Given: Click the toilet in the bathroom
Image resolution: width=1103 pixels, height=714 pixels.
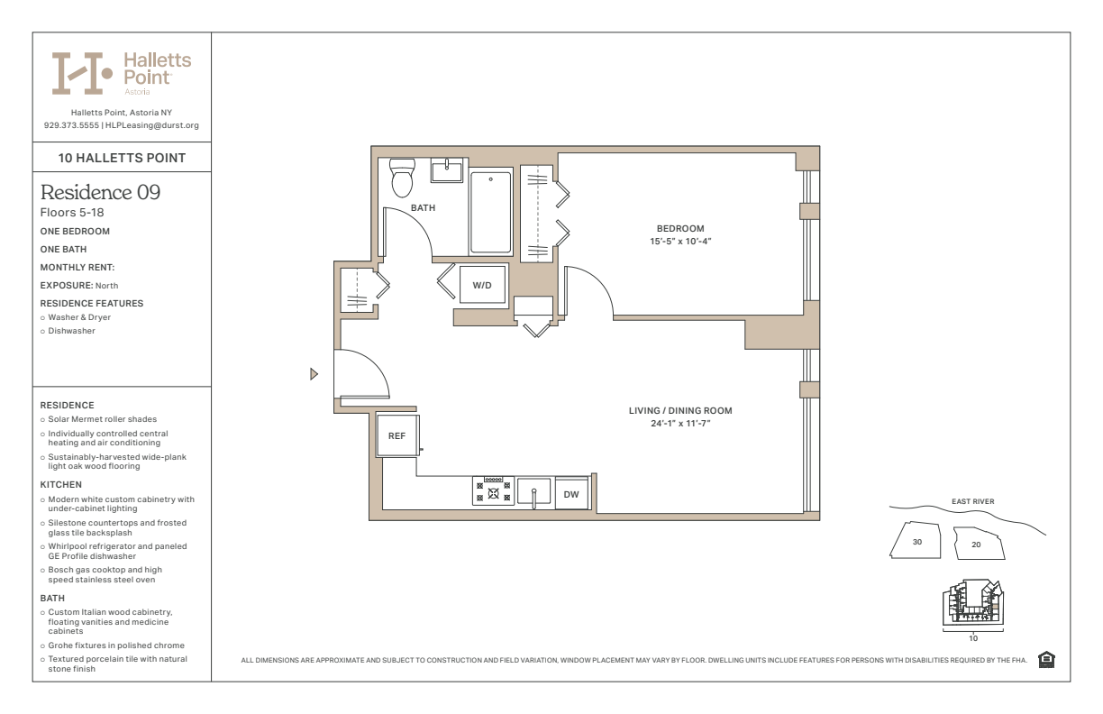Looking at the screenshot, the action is [x=402, y=178].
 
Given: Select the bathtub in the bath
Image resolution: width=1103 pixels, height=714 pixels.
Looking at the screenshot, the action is [x=490, y=211].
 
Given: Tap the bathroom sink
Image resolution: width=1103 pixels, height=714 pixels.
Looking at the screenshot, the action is [x=447, y=170].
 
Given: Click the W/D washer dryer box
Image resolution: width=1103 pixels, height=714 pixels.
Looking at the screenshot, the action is [x=482, y=285].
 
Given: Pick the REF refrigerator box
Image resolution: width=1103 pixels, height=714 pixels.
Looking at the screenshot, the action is [x=397, y=435].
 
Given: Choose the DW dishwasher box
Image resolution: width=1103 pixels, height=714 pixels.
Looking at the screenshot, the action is [x=571, y=494].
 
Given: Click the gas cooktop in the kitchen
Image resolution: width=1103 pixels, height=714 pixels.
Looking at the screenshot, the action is [x=494, y=490].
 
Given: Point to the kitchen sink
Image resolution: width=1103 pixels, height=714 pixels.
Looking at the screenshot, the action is [x=533, y=491].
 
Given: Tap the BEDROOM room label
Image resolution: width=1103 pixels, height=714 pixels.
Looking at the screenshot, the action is [x=680, y=229].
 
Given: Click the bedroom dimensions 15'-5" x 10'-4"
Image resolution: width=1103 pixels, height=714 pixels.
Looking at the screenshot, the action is [x=680, y=242].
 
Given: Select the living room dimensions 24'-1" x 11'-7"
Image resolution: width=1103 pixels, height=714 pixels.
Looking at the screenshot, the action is [x=680, y=424].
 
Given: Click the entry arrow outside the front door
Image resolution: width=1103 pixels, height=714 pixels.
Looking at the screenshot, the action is [x=314, y=374].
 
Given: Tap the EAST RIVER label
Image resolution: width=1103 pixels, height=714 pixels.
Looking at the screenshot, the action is [x=972, y=501].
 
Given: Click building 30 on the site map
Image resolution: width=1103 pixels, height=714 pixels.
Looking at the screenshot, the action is [x=916, y=541].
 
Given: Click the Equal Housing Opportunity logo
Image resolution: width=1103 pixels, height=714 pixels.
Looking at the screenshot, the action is [x=1046, y=659].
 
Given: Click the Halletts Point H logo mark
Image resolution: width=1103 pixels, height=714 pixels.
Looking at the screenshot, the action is [x=82, y=73].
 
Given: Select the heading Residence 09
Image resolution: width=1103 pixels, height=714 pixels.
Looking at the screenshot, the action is [x=100, y=192].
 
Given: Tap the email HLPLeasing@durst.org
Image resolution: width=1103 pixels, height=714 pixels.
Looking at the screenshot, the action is [x=152, y=125].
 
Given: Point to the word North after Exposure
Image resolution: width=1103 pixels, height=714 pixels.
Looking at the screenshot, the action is [x=107, y=286].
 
